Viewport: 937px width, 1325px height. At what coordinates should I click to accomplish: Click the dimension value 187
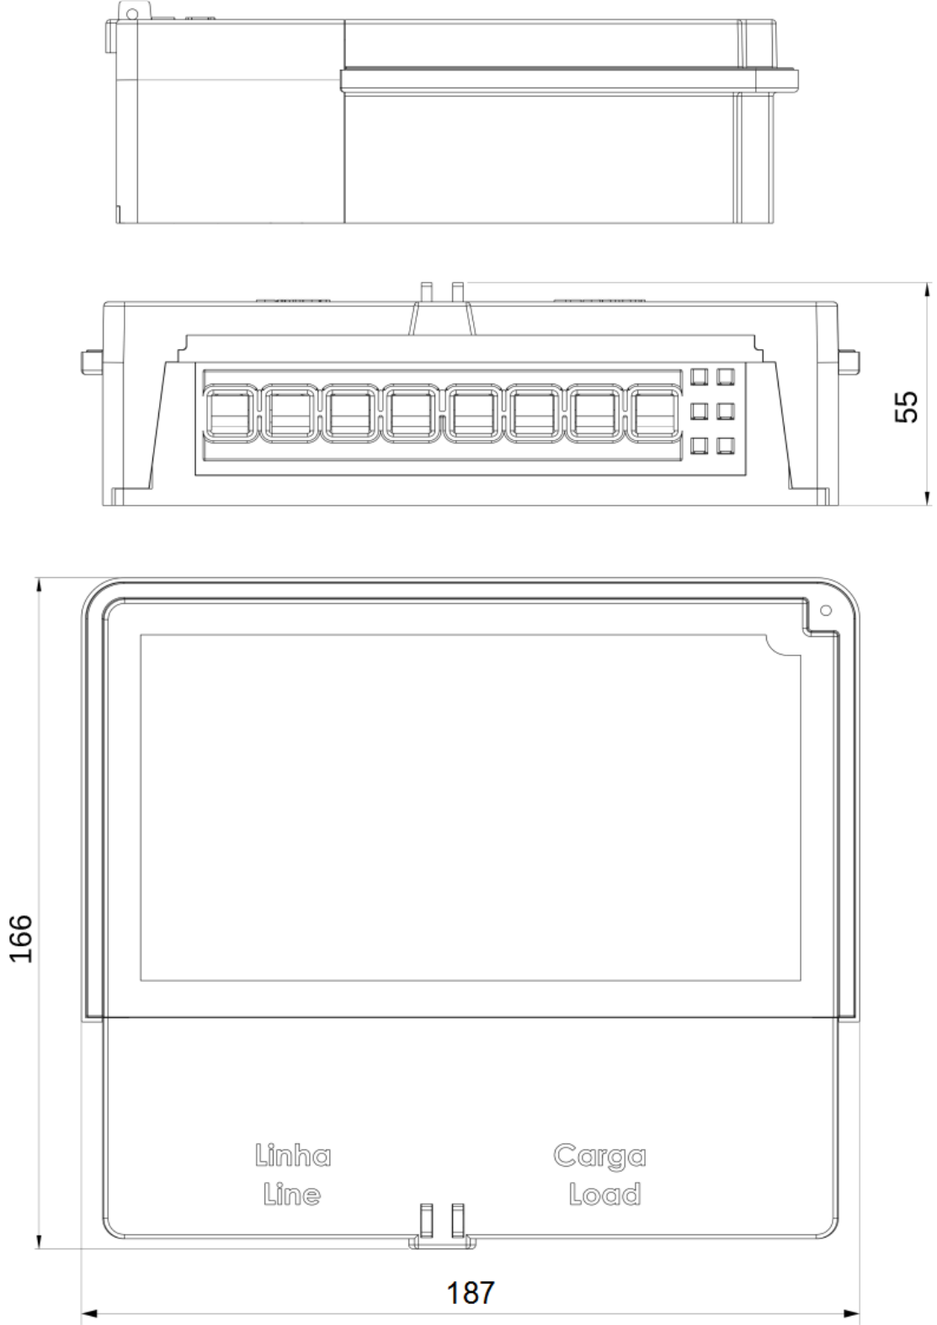[470, 1292]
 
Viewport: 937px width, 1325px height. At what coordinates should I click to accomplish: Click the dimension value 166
[21, 939]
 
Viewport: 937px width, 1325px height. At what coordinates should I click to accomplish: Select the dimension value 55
[906, 407]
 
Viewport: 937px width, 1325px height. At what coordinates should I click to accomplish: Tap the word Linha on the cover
[293, 1155]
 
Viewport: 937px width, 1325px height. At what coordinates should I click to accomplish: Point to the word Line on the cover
[292, 1195]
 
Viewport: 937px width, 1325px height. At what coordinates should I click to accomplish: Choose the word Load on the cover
[604, 1195]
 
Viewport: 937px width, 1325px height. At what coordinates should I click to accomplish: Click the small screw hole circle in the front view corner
[827, 610]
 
